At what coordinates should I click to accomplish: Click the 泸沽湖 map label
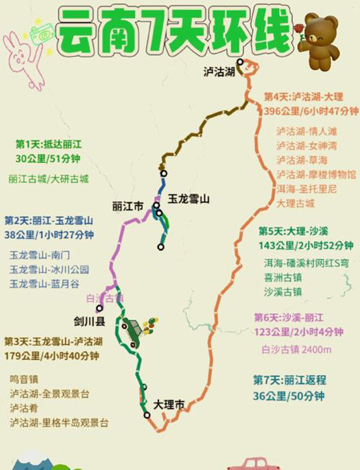pos(219,72)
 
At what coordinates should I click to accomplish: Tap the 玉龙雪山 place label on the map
pos(189,199)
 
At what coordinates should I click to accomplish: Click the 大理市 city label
pos(169,405)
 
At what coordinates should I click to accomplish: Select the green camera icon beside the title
pos(42,32)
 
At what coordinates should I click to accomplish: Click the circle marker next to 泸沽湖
pos(240,62)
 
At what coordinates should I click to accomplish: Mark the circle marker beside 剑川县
pos(99,308)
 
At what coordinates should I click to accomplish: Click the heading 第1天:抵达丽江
pos(49,144)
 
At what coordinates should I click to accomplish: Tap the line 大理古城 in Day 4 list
pos(295,203)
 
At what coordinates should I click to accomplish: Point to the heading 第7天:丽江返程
pos(290,380)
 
